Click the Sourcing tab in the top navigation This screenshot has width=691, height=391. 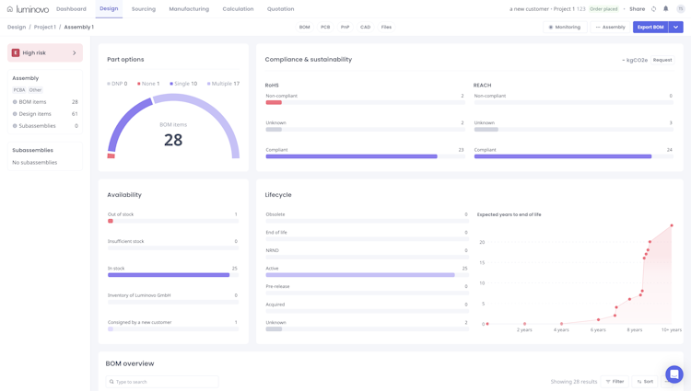click(143, 9)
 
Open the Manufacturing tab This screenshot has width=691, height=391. click(189, 9)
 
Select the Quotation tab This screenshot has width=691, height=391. click(280, 9)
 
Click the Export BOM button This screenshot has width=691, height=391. click(650, 28)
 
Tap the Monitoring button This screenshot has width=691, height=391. click(565, 28)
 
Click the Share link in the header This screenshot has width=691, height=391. click(637, 9)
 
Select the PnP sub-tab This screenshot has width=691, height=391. click(345, 28)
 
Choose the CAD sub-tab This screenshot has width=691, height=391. click(365, 28)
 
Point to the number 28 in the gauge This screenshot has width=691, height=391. click(173, 140)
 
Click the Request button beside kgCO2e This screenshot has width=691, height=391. click(662, 60)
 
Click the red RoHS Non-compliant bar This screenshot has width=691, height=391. click(274, 102)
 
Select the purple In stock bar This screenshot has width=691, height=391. click(169, 274)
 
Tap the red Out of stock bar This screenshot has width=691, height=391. click(111, 221)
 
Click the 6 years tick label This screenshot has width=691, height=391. click(598, 329)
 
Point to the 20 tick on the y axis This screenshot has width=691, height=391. click(482, 242)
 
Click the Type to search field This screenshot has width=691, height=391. click(163, 381)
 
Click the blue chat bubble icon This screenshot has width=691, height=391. click(674, 374)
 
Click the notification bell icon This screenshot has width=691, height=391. click(666, 9)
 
